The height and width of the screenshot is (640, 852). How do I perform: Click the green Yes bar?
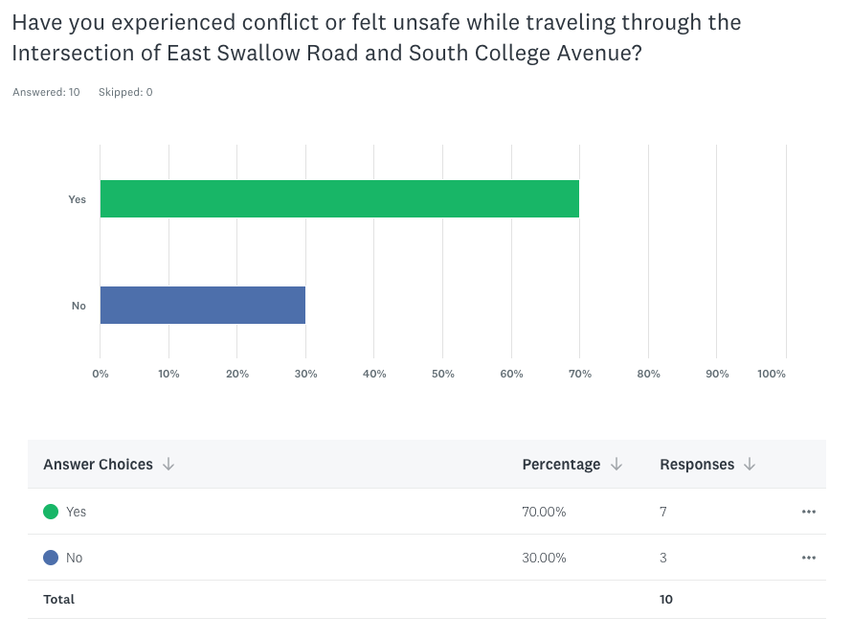pos(339,198)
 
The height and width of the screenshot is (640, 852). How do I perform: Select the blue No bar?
pos(202,305)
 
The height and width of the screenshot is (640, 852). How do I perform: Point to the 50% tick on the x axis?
pos(442,374)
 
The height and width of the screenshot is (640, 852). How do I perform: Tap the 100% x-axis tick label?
pos(771,374)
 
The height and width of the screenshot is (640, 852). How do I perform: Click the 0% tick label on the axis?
pos(101,374)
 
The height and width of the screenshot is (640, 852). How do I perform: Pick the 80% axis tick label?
pos(648,374)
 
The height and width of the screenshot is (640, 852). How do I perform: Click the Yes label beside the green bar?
pos(77,199)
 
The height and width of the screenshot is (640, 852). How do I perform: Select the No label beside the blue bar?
pos(78,306)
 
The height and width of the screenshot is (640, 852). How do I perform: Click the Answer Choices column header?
pos(98,465)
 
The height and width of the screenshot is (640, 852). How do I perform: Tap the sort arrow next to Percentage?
pos(617,465)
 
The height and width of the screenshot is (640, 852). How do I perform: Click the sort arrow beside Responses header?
pos(750,465)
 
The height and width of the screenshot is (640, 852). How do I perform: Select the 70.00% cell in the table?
pos(544,512)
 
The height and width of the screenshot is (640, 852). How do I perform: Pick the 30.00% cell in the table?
pos(544,558)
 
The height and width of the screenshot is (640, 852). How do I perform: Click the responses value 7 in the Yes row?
pos(663,512)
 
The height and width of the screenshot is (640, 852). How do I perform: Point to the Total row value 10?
pos(666,600)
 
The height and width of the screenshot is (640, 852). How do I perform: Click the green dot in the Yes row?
pos(51,512)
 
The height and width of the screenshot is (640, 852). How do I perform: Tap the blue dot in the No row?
pos(51,558)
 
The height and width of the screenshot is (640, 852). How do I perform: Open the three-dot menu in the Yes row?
pos(809,512)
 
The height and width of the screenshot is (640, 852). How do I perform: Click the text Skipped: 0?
pos(125,93)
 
